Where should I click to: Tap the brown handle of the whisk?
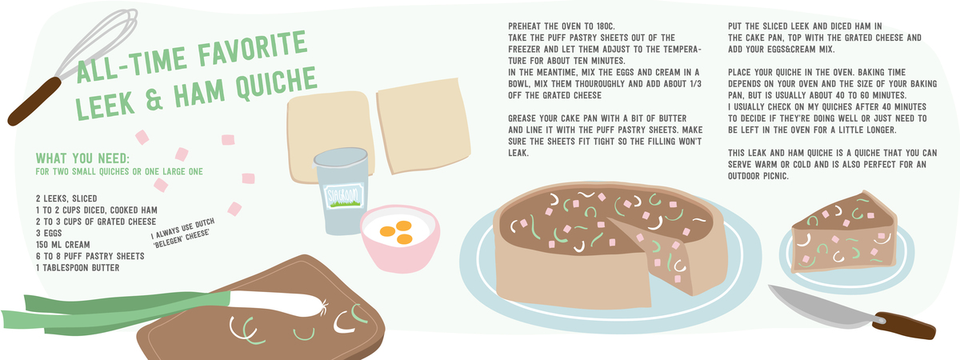point(33,100)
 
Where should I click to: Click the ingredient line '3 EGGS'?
point(50,233)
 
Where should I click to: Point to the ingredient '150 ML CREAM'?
point(63,244)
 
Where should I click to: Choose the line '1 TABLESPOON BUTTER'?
point(78,267)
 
